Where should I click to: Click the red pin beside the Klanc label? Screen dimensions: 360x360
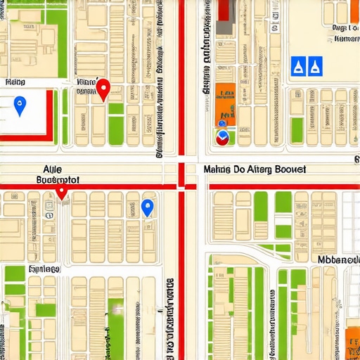coord(104,89)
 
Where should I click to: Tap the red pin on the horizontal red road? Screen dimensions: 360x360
coord(62,191)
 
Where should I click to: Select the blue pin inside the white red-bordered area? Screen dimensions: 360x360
coord(20,106)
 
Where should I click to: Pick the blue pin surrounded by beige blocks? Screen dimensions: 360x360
coord(147,207)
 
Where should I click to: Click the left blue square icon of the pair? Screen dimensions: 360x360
coord(298,66)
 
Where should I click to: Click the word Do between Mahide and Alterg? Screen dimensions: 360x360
coord(240,169)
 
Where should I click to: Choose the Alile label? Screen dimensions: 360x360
coord(52,169)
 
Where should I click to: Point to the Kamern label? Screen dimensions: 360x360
coord(345,39)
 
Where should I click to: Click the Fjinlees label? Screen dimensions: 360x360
coord(44,268)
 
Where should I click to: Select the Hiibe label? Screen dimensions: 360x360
coord(13,82)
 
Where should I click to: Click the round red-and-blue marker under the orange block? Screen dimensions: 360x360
coord(223,137)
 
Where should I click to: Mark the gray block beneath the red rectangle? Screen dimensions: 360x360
coord(224,27)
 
